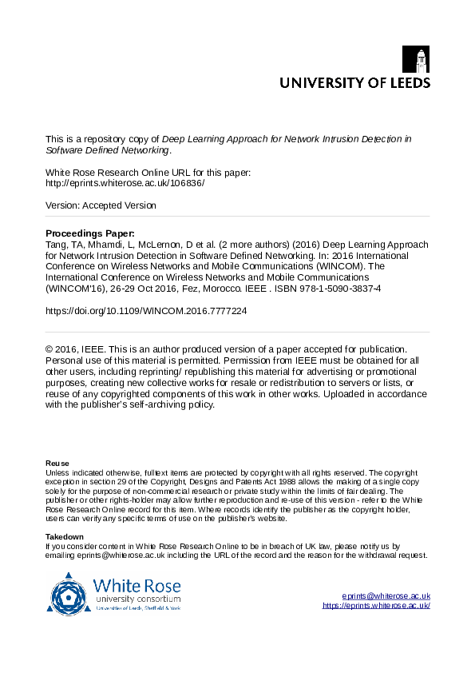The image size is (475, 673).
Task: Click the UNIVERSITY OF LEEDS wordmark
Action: [x=354, y=82]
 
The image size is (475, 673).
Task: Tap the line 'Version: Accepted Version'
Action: [x=101, y=205]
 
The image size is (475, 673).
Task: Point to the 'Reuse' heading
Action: [x=57, y=464]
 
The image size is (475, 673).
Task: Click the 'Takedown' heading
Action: [x=65, y=536]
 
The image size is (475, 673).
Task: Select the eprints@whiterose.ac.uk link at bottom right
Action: [x=386, y=595]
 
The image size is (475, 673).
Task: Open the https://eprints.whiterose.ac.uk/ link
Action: [x=377, y=605]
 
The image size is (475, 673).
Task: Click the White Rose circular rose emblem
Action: [x=69, y=593]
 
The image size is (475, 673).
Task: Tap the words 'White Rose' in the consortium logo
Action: [x=137, y=586]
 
